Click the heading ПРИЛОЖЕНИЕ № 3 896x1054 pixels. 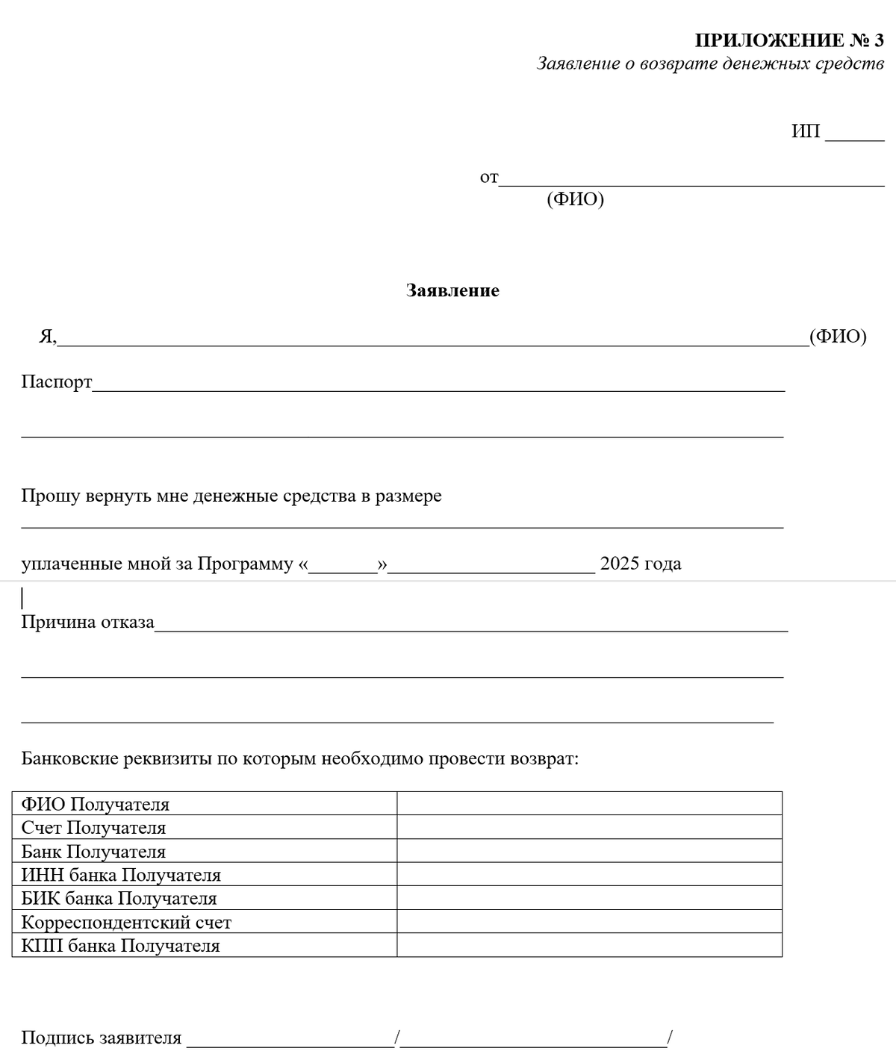pyautogui.click(x=789, y=40)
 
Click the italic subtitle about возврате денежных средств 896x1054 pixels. pyautogui.click(x=710, y=64)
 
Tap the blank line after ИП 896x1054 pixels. pyautogui.click(x=854, y=134)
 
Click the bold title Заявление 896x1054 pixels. pyautogui.click(x=452, y=290)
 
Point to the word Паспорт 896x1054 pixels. pyautogui.click(x=57, y=382)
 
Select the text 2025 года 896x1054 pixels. pyautogui.click(x=641, y=564)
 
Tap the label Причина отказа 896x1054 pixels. pyautogui.click(x=87, y=623)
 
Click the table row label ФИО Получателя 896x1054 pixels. pyautogui.click(x=96, y=805)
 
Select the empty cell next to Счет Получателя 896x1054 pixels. pyautogui.click(x=589, y=827)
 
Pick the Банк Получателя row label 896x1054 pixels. pyautogui.click(x=93, y=852)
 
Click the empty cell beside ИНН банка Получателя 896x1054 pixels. pyautogui.click(x=589, y=874)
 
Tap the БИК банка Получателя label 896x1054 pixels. pyautogui.click(x=119, y=899)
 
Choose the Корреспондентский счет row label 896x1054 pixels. pyautogui.click(x=126, y=923)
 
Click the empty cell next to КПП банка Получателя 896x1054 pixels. pyautogui.click(x=589, y=945)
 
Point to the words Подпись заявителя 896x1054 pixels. pyautogui.click(x=102, y=1038)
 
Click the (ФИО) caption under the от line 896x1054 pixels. pyautogui.click(x=575, y=200)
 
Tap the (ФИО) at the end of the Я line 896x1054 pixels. pyautogui.click(x=838, y=337)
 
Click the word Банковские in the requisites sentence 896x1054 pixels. pyautogui.click(x=69, y=760)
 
